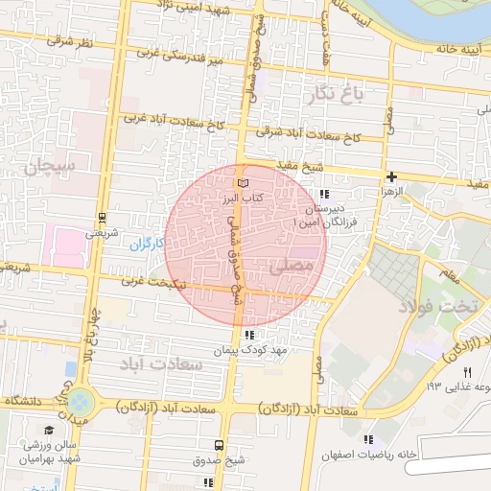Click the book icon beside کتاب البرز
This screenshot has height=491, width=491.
coord(243,181)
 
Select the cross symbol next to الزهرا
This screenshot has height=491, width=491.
coord(391,176)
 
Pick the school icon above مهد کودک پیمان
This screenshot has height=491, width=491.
coord(249,335)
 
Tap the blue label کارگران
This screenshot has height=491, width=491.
coord(148,245)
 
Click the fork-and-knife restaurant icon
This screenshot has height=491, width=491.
coord(468,372)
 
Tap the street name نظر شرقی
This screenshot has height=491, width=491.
coord(68,42)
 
